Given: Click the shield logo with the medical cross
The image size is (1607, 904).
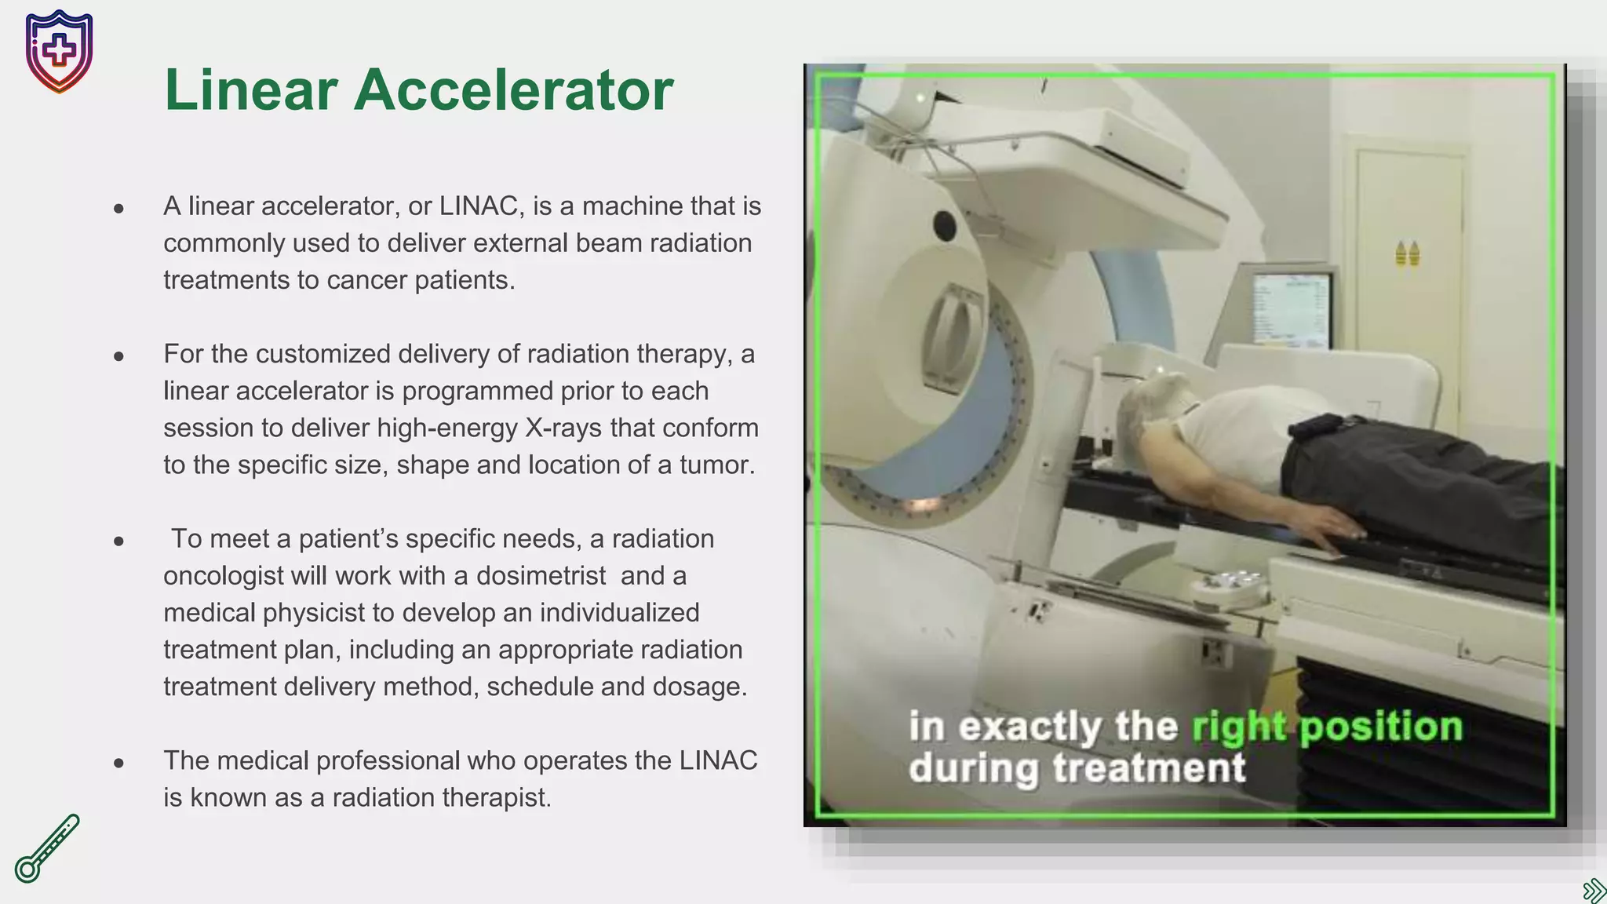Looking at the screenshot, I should tap(59, 51).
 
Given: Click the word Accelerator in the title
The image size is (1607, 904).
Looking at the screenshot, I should tap(513, 89).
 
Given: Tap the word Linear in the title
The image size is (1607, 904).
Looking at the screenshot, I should tap(251, 89).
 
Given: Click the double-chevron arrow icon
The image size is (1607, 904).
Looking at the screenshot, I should tap(1594, 890).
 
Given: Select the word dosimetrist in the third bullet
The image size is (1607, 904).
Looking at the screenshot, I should tap(541, 575).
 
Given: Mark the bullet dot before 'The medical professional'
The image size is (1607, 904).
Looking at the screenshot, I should tap(118, 762).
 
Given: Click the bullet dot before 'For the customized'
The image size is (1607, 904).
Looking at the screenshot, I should tap(118, 356).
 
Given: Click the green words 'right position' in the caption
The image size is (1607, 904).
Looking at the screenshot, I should tap(1327, 727).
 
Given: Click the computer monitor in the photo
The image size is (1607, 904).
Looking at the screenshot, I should tap(1292, 309).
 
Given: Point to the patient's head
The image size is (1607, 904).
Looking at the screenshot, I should tap(1153, 408).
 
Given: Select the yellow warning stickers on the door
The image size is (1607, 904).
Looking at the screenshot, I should tap(1407, 253).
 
